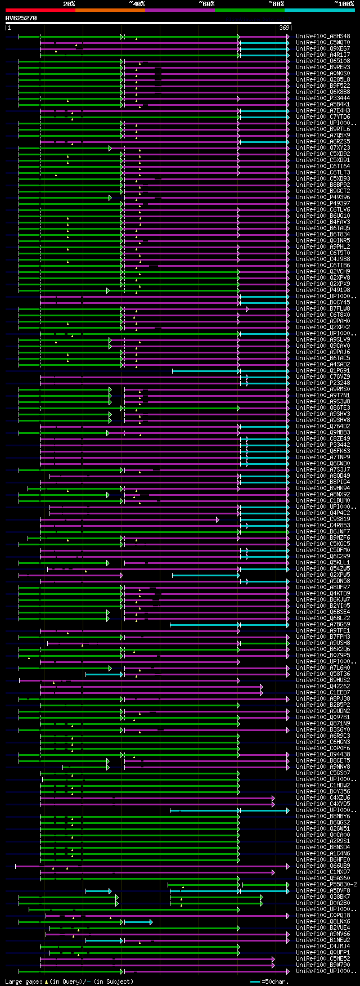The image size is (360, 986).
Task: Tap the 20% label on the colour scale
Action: [69, 4]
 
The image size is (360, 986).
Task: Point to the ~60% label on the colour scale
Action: [206, 4]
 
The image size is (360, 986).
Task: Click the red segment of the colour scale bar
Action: [40, 10]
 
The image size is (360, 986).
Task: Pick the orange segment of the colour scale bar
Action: [110, 10]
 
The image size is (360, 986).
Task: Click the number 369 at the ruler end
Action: [283, 28]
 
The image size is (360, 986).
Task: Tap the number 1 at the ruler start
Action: [8, 28]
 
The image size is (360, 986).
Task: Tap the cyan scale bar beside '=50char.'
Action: [255, 981]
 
